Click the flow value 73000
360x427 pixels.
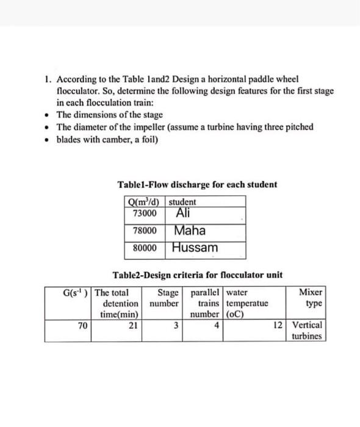[145, 213]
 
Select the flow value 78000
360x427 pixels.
[145, 232]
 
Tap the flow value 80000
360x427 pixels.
[145, 249]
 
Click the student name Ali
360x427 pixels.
[183, 213]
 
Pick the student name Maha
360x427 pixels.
[189, 231]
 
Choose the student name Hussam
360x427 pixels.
[195, 249]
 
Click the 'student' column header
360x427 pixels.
[182, 202]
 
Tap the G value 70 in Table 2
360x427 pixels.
[82, 326]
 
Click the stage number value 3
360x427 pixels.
[175, 326]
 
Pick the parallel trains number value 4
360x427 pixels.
[217, 326]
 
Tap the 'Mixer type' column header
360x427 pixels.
[311, 298]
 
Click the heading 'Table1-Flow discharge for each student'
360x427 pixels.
[196, 184]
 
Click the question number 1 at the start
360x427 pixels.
[48, 79]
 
